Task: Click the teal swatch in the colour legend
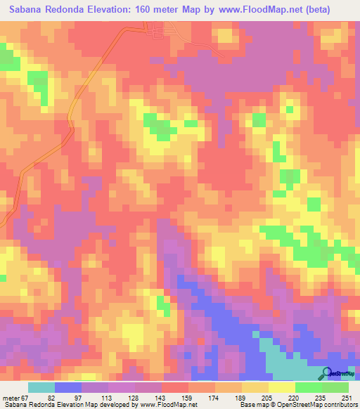[x=41, y=388]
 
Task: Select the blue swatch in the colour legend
[x=68, y=388]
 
